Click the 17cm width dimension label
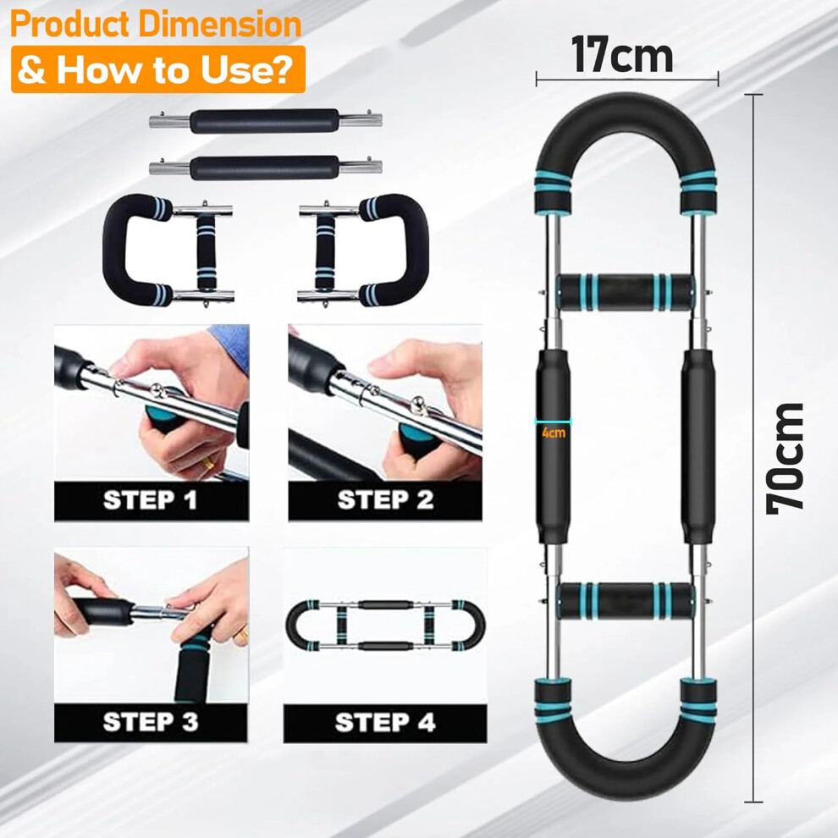point(621,54)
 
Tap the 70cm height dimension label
point(785,459)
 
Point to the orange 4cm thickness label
point(553,433)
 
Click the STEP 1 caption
point(150,501)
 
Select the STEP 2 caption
point(385,500)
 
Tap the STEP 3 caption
point(151,722)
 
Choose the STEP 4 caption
point(385,723)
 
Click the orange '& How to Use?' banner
point(158,69)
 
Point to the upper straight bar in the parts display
point(266,121)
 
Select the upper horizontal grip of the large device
point(626,292)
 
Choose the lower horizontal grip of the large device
point(626,600)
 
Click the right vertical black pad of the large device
point(698,446)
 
